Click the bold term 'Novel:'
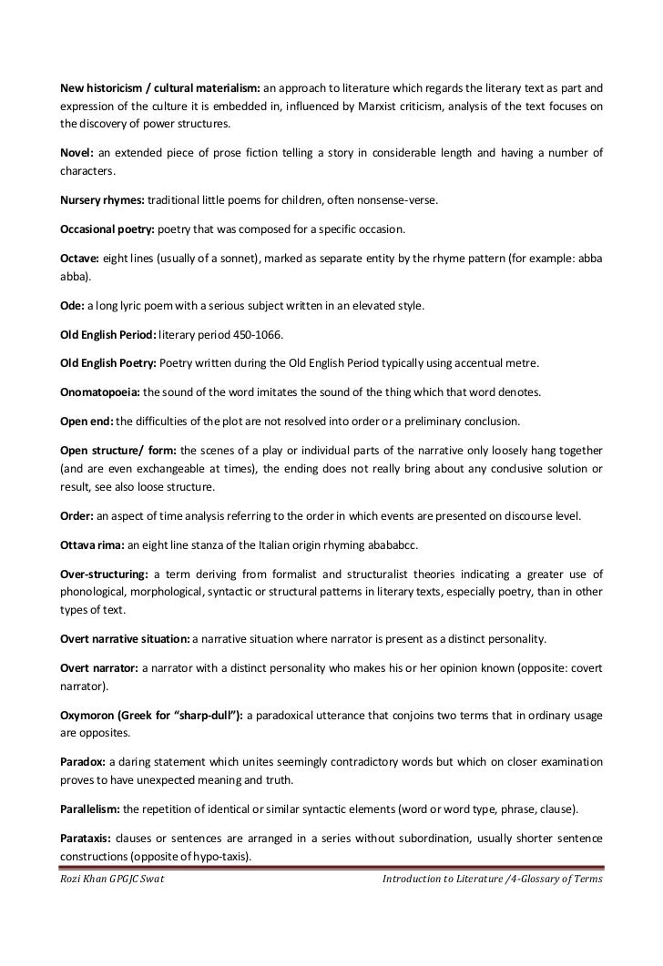(76, 152)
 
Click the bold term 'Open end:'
(87, 422)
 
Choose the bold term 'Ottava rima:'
(92, 545)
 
